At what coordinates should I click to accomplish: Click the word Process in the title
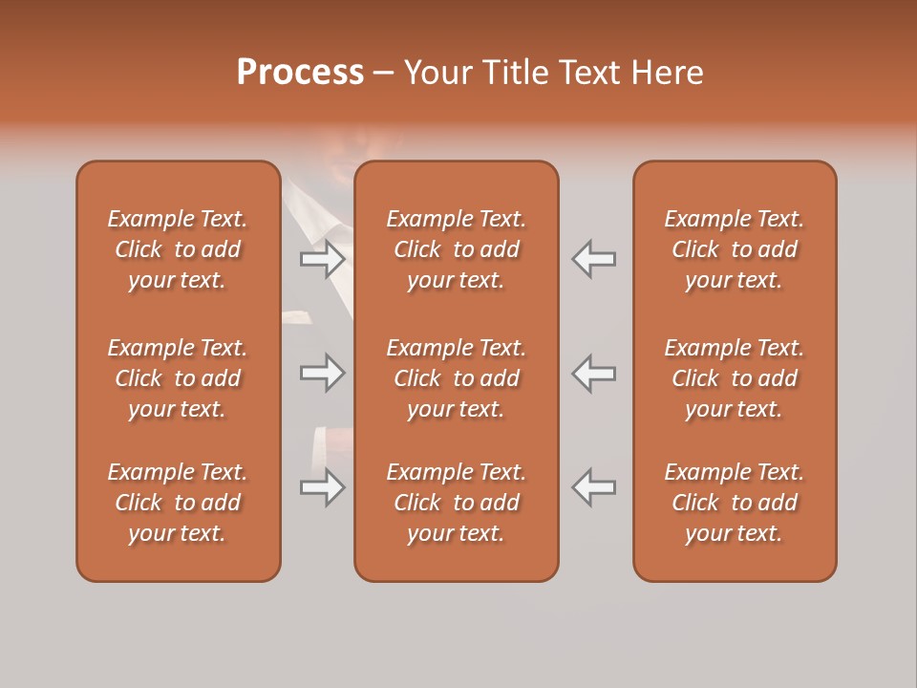[x=300, y=73]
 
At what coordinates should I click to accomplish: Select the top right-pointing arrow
[x=323, y=259]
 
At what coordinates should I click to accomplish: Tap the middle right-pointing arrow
[x=323, y=373]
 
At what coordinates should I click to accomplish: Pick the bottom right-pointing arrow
[x=323, y=487]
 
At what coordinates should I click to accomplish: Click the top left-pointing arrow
[x=593, y=259]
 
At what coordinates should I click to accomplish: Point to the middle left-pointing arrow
[x=593, y=373]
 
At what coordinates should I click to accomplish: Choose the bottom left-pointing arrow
[x=593, y=487]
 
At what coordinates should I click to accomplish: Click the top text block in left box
[x=178, y=249]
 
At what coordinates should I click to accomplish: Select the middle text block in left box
[x=178, y=378]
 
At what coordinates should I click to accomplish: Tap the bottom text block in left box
[x=178, y=503]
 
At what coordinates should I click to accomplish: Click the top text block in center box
[x=457, y=249]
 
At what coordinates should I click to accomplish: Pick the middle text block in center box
[x=457, y=378]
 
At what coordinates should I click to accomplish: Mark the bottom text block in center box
[x=457, y=503]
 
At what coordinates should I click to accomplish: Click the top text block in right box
[x=735, y=249]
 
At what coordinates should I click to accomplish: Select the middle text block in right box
[x=735, y=378]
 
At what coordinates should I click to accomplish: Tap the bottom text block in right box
[x=735, y=503]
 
